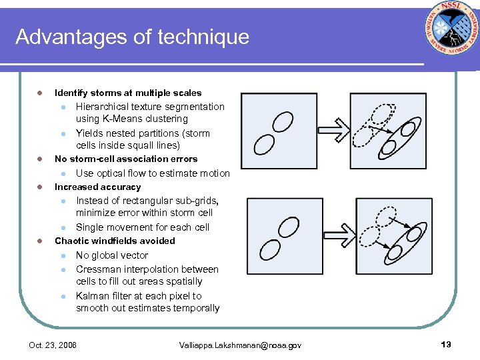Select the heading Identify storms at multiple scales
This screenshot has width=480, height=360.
[x=128, y=93]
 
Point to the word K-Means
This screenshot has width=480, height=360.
[x=125, y=119]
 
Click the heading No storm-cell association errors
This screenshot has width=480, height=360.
[x=126, y=159]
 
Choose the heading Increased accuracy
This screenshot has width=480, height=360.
[x=97, y=187]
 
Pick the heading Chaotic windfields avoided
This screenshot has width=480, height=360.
[x=115, y=241]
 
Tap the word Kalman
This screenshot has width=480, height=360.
[x=92, y=296]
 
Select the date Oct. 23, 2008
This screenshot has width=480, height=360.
[x=53, y=345]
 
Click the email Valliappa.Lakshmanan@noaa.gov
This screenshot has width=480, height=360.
[x=240, y=345]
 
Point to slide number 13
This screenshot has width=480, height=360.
[x=446, y=344]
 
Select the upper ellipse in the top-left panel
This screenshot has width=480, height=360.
[x=283, y=122]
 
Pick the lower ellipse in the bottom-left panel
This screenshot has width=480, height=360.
[x=270, y=251]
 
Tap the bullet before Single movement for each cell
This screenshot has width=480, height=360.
[x=61, y=227]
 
